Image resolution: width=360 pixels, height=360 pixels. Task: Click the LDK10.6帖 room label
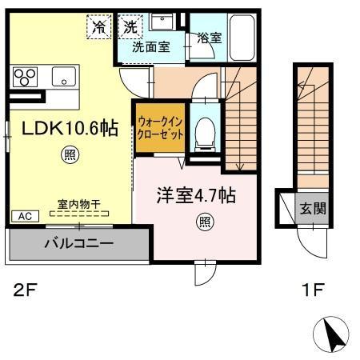(66, 128)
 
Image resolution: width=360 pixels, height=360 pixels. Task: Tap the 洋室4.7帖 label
(194, 194)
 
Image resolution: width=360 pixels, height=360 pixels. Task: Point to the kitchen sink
(62, 77)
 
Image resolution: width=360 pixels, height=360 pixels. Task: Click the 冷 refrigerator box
(100, 27)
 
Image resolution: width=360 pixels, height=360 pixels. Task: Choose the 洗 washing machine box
(130, 27)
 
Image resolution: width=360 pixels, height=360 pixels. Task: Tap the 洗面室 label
(151, 46)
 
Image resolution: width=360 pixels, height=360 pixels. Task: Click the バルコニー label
(78, 242)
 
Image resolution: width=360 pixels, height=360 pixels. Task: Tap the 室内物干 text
(78, 205)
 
